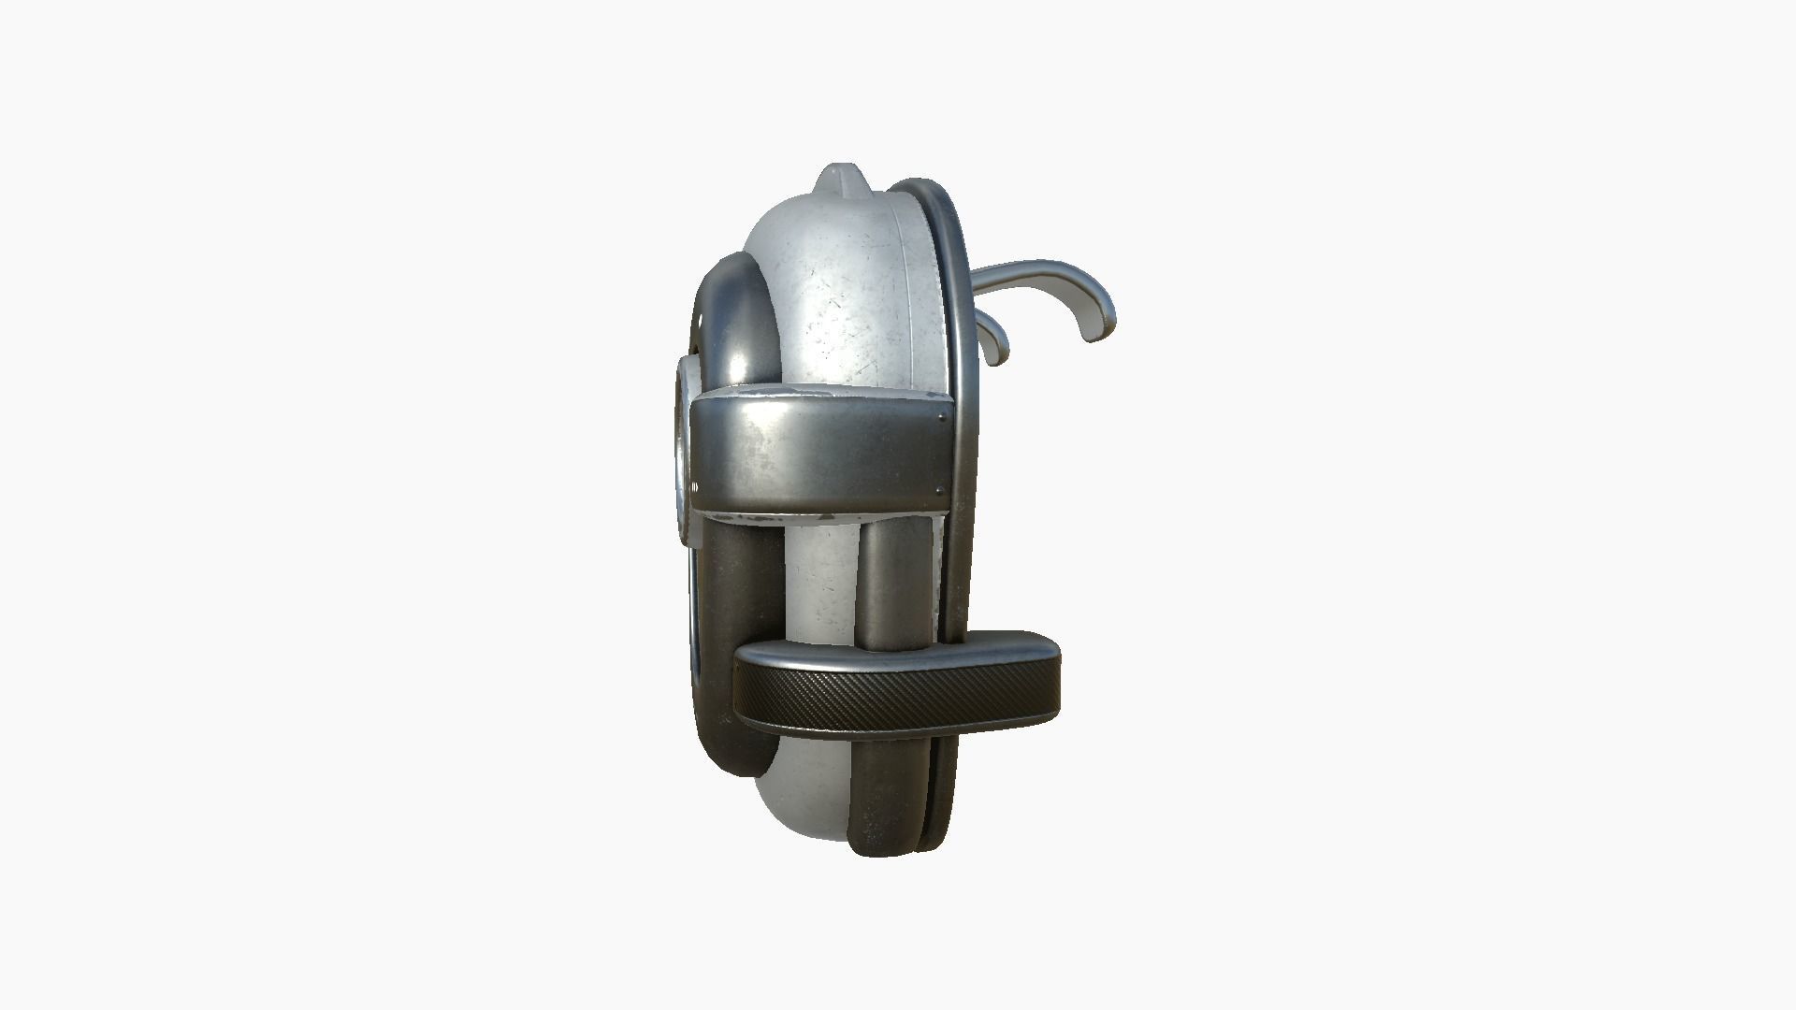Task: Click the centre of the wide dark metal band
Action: point(814,454)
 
